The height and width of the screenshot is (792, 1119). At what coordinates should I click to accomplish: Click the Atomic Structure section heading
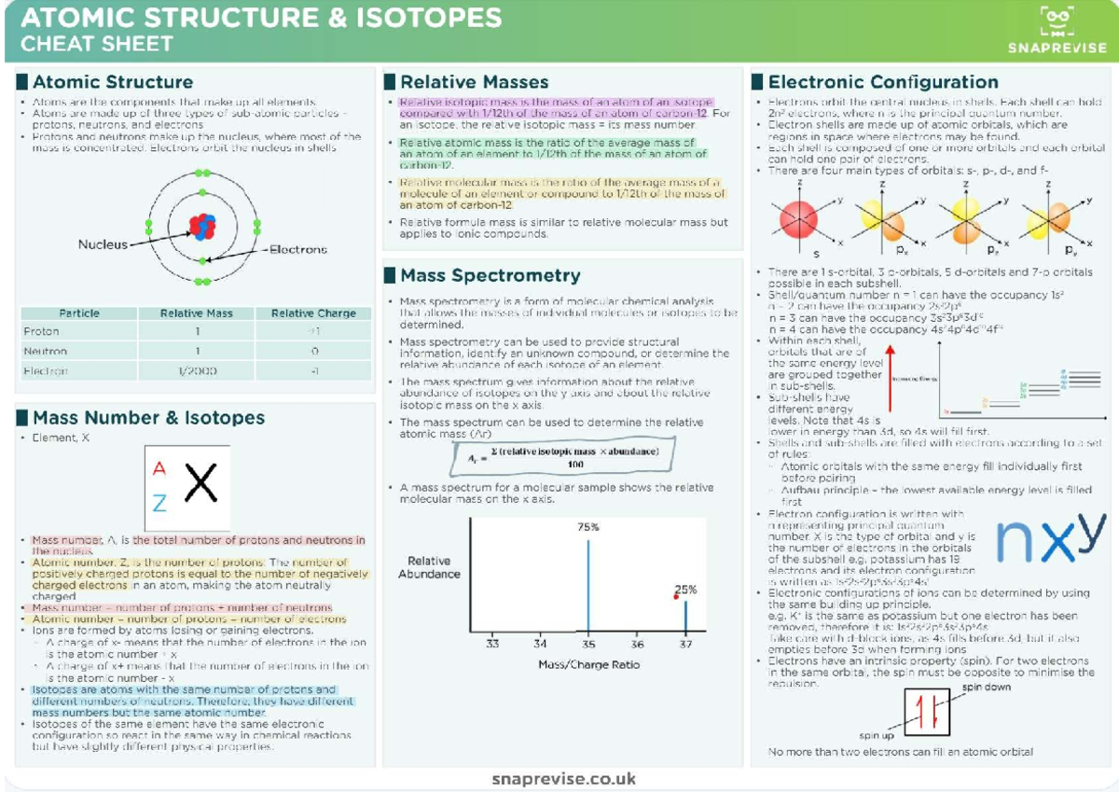click(112, 82)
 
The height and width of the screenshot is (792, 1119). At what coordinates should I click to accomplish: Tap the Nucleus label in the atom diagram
click(103, 244)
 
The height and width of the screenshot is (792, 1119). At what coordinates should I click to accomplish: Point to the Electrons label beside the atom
click(298, 249)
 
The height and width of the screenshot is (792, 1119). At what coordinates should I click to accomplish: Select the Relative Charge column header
click(313, 313)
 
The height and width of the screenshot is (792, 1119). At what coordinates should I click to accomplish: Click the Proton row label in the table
click(41, 331)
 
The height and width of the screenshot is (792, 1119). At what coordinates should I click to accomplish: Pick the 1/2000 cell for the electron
click(197, 370)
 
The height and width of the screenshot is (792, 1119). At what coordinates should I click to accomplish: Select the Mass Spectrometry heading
click(490, 275)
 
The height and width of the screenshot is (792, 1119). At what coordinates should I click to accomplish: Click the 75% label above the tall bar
click(587, 527)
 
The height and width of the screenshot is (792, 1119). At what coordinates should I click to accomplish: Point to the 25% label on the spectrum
click(685, 590)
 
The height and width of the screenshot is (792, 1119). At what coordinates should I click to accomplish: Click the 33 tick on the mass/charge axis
click(492, 644)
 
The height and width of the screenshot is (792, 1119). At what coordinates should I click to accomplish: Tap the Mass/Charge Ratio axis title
click(588, 664)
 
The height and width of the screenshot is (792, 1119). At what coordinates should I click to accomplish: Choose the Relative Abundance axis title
click(429, 567)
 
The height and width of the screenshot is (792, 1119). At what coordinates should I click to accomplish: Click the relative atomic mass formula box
click(562, 457)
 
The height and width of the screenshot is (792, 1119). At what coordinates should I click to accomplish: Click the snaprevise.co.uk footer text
click(563, 778)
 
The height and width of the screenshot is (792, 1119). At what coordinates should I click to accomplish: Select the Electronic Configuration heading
click(882, 82)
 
